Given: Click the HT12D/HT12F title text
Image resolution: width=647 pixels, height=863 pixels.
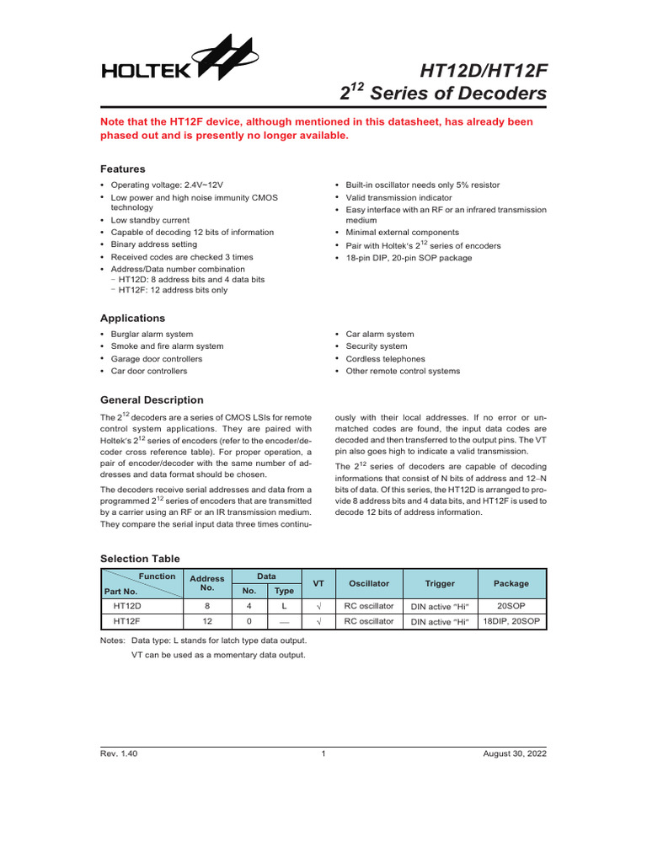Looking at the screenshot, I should [476, 67].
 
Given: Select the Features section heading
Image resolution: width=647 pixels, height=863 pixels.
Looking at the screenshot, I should [123, 169].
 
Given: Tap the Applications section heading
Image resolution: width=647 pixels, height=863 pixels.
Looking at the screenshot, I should [132, 318].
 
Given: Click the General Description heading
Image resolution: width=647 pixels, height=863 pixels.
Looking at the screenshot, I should [152, 399].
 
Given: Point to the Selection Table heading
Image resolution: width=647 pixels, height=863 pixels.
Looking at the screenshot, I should [140, 558].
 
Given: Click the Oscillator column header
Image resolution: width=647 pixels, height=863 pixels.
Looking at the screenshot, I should [369, 583].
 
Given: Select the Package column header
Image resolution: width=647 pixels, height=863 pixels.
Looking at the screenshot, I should [511, 583].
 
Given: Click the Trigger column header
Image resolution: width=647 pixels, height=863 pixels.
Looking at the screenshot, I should [440, 583].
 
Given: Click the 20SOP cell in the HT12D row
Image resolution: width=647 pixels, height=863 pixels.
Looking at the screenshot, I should [511, 605].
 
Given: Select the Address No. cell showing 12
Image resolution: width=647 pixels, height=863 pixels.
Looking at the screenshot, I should [207, 621].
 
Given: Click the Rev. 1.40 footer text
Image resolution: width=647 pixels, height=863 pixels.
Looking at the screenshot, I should [119, 754].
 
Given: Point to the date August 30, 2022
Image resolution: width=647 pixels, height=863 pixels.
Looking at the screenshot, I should [515, 754].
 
